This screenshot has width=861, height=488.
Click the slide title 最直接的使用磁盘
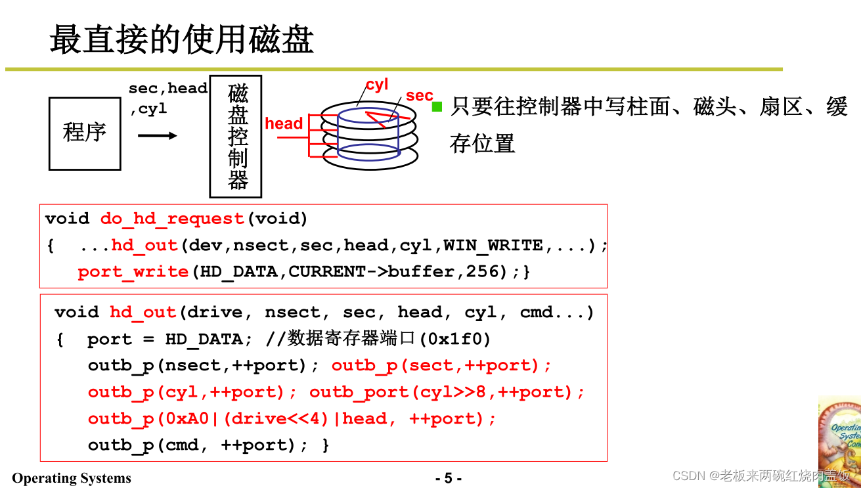[181, 39]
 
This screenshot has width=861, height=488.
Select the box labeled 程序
[85, 133]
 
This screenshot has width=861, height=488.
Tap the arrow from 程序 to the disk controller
[158, 136]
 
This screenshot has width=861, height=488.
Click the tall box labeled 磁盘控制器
[236, 136]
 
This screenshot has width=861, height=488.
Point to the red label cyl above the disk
[377, 85]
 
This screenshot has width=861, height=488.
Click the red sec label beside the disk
[419, 96]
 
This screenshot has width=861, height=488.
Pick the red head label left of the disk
[284, 123]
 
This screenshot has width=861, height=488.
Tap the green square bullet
[437, 106]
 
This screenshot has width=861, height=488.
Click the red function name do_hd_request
[172, 219]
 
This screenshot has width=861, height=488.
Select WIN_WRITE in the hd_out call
[493, 246]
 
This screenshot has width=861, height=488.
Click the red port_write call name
[133, 272]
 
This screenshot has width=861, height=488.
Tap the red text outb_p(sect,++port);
[441, 366]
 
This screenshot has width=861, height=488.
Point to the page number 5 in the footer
[449, 478]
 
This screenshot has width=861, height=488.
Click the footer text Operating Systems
[72, 478]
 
